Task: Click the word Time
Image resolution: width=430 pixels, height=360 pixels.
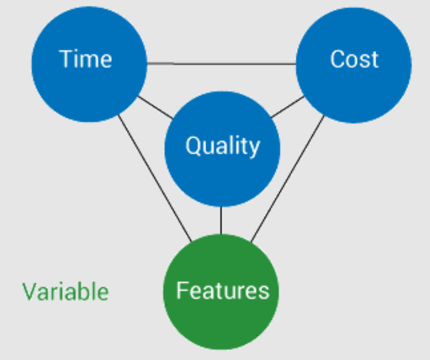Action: pyautogui.click(x=86, y=59)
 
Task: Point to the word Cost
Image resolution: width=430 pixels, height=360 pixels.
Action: pyautogui.click(x=354, y=59)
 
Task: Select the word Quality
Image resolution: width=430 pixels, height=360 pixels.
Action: pyautogui.click(x=222, y=145)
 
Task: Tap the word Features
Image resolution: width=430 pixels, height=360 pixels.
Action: pyautogui.click(x=223, y=290)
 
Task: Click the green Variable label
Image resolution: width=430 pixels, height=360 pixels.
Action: pyautogui.click(x=66, y=291)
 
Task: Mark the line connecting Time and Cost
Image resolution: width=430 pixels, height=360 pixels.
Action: pyautogui.click(x=221, y=63)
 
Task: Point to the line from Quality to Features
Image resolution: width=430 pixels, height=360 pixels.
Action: pyautogui.click(x=221, y=220)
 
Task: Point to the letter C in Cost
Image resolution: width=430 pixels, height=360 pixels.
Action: pyautogui.click(x=337, y=59)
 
